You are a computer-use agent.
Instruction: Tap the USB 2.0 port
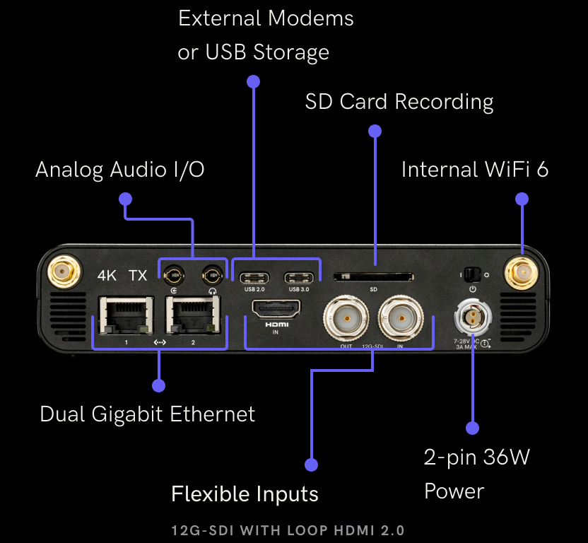[254, 276]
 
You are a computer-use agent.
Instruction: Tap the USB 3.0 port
[298, 276]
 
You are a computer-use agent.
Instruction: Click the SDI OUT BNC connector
[346, 318]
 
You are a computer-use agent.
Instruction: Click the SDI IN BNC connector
[400, 318]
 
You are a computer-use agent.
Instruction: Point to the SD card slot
[374, 276]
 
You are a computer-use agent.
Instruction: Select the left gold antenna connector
[63, 271]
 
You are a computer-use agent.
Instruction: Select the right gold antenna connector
[522, 271]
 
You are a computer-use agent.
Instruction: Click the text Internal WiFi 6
[474, 170]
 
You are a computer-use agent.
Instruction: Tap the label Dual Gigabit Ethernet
[147, 414]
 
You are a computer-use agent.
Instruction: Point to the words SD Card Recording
[399, 102]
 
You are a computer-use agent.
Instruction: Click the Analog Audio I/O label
[120, 170]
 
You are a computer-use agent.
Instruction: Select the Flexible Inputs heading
[245, 494]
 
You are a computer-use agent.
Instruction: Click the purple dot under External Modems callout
[253, 81]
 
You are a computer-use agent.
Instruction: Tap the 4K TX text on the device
[122, 275]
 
